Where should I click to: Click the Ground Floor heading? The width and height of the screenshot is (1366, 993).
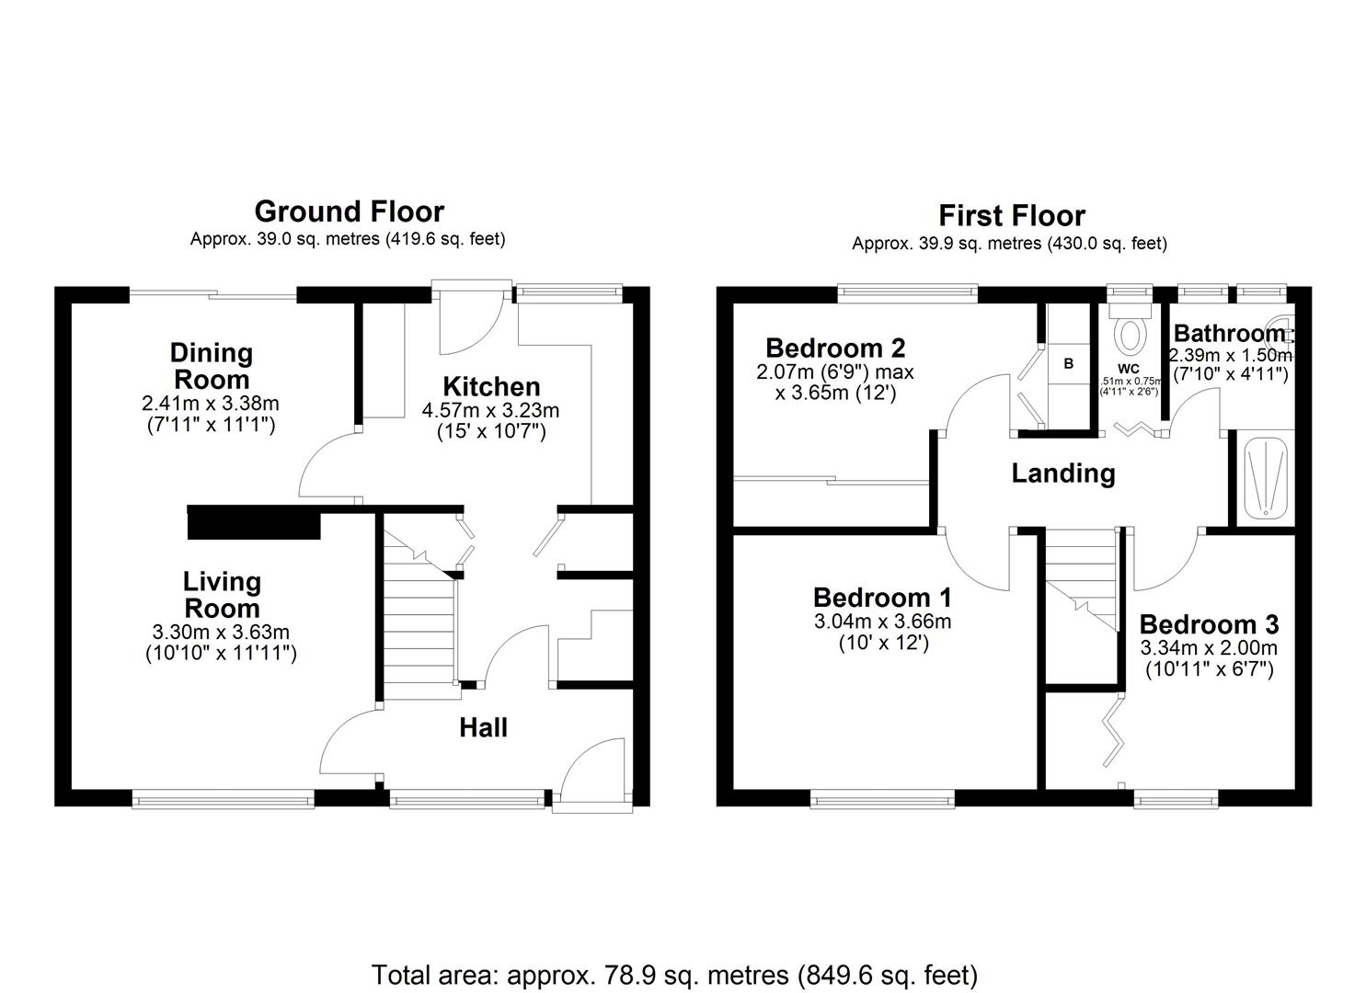click(349, 211)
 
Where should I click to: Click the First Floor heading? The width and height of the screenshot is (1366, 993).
click(1011, 216)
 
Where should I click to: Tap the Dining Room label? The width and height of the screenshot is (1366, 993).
click(212, 366)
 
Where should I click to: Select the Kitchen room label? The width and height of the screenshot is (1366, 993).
click(491, 386)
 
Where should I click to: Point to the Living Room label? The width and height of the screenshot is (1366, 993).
click(222, 595)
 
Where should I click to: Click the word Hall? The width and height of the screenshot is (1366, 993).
click(483, 728)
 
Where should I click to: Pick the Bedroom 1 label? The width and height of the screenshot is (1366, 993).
click(882, 598)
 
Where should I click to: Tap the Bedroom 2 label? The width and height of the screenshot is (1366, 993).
click(835, 348)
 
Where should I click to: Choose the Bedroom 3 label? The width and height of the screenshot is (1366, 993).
click(1209, 625)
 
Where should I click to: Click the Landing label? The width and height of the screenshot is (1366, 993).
click(1063, 474)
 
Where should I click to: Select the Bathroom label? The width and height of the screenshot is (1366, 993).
click(1229, 333)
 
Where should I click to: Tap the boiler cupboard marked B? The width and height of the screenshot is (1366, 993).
click(1068, 364)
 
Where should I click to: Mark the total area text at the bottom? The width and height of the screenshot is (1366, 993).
click(674, 975)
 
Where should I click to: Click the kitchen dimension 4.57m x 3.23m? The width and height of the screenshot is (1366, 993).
click(490, 411)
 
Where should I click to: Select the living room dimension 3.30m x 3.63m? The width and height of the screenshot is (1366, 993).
click(221, 633)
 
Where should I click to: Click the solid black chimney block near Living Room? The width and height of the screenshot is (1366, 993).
click(253, 523)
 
